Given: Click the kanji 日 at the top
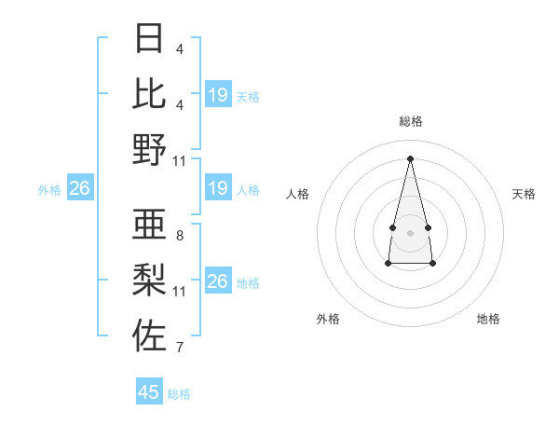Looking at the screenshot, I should pos(150,38).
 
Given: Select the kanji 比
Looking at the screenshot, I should pos(150,93).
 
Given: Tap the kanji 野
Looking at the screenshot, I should pos(150,149).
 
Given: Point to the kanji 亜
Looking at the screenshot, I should pos(150,224).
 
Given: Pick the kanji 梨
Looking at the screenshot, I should pos(150,279).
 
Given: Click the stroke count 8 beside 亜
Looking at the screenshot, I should pos(179,236).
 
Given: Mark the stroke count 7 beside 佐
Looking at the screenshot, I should pos(179,349).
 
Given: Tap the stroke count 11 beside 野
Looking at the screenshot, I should pos(180,160).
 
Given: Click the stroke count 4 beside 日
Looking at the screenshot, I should pos(179,48).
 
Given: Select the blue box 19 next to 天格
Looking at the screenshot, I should pos(217,95).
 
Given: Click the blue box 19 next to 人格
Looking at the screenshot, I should pos(217,189).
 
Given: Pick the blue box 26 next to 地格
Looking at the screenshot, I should pos(217,281).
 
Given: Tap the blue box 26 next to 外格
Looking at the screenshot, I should pos(79,189).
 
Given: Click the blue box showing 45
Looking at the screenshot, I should pos(149,392).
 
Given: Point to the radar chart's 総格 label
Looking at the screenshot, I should pos(410,121).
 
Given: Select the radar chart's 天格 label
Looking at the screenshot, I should pos(524,194).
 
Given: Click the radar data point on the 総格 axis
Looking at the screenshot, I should pos(410,157).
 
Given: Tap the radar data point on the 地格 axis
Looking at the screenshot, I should pos(433,264).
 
